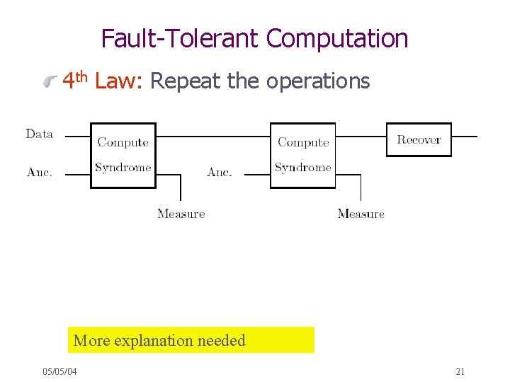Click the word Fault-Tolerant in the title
tap(181, 38)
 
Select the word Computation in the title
tap(337, 38)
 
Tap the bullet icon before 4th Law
tap(50, 83)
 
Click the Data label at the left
tap(40, 134)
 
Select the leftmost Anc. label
tap(40, 172)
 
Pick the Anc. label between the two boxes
tap(220, 172)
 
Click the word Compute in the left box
tap(123, 142)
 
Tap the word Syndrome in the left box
tap(123, 168)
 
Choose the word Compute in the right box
tap(303, 142)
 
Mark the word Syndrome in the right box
tap(303, 168)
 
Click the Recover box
tap(419, 139)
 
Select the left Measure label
tap(181, 214)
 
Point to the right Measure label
tap(361, 214)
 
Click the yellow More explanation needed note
tap(192, 340)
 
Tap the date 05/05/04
tap(59, 371)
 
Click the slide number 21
tap(460, 371)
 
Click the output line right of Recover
tap(465, 136)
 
